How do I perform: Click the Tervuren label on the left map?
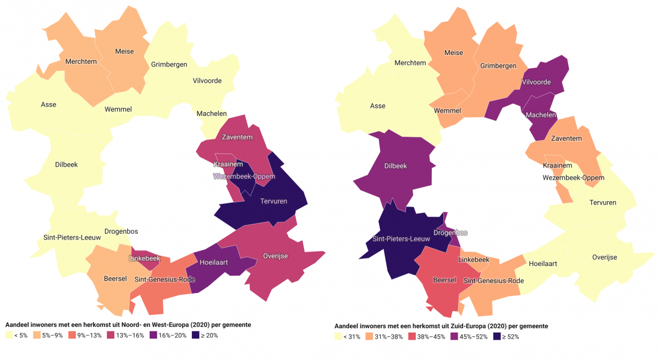tap(273, 202)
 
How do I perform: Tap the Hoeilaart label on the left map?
tap(213, 263)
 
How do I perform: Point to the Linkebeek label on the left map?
tap(144, 258)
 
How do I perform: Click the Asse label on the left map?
tap(48, 104)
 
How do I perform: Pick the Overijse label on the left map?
tap(275, 256)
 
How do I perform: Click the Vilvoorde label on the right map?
tap(536, 81)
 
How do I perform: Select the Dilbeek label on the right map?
tap(395, 165)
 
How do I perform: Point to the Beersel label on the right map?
tap(444, 280)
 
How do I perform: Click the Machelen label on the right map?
tap(541, 115)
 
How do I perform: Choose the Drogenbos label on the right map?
tap(450, 232)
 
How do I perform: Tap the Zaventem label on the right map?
tap(566, 139)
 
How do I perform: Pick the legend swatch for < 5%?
tap(8, 335)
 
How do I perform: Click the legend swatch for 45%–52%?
tap(454, 336)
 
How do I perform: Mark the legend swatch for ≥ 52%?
tap(497, 336)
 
